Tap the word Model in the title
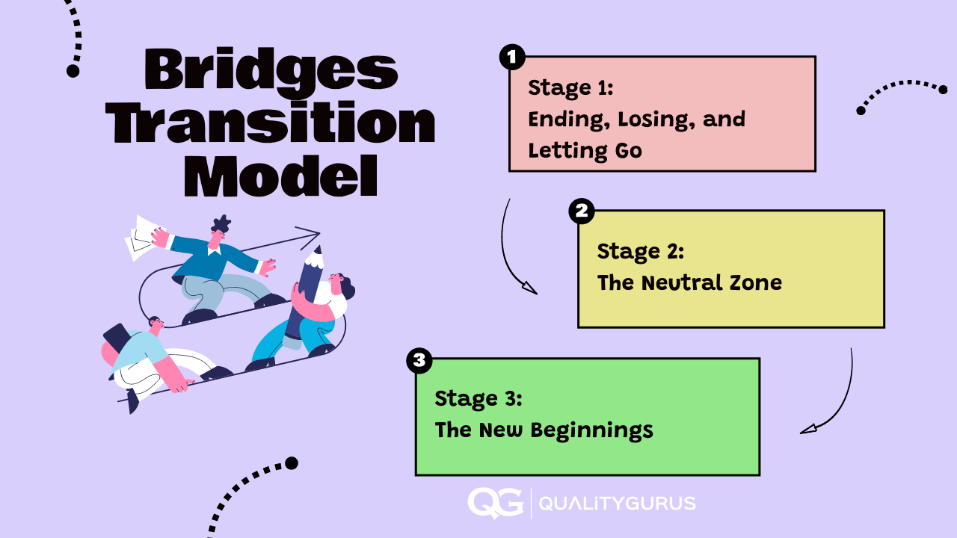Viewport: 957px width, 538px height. click(281, 177)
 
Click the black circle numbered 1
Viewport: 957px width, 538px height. click(512, 58)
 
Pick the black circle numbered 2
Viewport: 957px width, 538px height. click(581, 211)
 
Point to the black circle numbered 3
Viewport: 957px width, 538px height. click(419, 361)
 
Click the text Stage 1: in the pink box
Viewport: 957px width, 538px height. click(570, 87)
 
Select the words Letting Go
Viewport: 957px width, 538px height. click(585, 150)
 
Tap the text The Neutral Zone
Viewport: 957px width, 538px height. click(689, 282)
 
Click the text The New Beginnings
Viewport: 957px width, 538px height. click(544, 430)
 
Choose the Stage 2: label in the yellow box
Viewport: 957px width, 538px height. click(640, 251)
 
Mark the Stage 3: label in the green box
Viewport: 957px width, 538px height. click(478, 398)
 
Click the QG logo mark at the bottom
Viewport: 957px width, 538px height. click(495, 503)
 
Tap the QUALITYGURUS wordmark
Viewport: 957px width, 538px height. click(617, 504)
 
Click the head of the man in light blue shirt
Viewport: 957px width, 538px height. click(156, 325)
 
